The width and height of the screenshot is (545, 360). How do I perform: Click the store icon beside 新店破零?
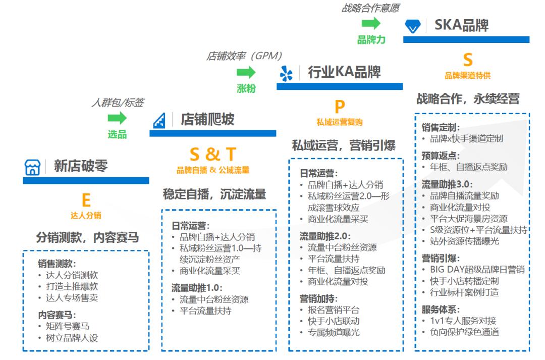(x=32, y=168)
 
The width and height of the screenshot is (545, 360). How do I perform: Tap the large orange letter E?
(x=86, y=200)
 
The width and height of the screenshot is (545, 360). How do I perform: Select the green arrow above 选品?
(x=117, y=118)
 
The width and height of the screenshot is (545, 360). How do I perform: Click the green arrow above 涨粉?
(x=246, y=72)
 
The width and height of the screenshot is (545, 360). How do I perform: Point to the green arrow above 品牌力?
(x=371, y=23)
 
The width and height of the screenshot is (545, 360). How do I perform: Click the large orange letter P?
(x=340, y=107)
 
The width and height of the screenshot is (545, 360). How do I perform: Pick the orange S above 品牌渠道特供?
(x=468, y=60)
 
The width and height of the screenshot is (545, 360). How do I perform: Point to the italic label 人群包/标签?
(x=117, y=103)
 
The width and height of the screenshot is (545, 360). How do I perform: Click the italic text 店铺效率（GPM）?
(x=244, y=56)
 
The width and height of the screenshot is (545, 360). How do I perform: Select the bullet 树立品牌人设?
(x=71, y=338)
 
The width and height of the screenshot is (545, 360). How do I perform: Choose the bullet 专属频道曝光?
(x=334, y=332)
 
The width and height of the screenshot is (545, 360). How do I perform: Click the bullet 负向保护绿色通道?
(x=464, y=331)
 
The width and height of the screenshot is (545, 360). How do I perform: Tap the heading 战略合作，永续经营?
(x=468, y=98)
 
